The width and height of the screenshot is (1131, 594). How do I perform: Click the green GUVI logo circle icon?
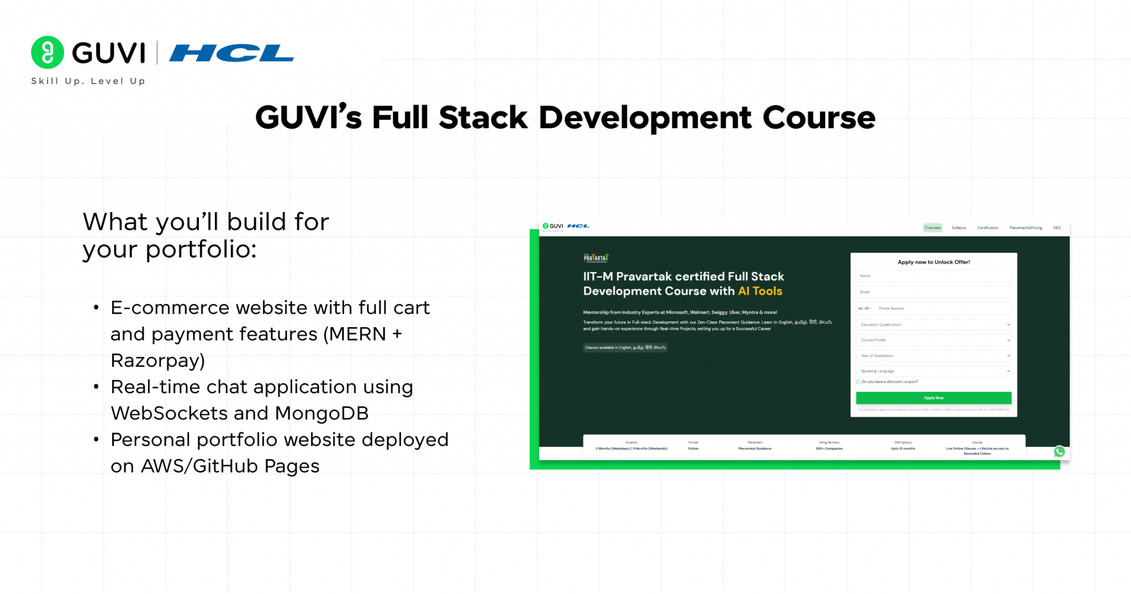48,52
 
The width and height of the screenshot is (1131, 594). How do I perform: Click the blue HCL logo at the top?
231,53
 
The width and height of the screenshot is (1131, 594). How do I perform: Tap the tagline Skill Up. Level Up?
88,81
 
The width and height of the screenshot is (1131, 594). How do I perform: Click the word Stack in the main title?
483,118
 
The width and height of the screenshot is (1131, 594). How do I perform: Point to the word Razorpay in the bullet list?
157,360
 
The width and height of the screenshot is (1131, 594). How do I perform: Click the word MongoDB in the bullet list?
321,413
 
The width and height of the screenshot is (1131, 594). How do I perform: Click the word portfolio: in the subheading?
200,250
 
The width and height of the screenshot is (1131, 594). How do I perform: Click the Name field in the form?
933,276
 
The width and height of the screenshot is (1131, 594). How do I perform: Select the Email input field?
933,292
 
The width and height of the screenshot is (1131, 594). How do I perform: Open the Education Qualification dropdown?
933,324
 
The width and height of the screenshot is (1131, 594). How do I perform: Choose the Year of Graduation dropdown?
933,355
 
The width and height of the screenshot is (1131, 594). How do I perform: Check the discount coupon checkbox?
858,382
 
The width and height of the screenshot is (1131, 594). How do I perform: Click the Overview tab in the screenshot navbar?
932,228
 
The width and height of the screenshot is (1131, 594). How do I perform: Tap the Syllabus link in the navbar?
959,228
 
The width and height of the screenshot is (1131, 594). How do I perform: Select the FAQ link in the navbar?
1056,228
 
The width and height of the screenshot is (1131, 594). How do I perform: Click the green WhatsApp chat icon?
1059,451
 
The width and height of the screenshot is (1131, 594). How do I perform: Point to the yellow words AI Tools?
760,291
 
